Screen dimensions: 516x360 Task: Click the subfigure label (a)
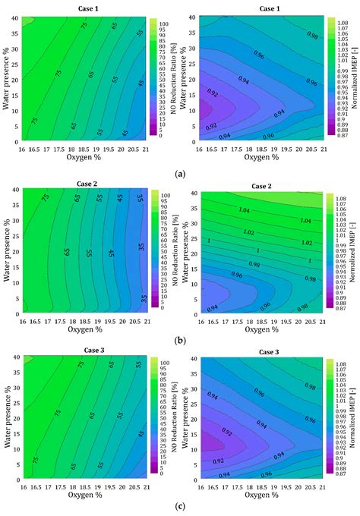click(x=179, y=173)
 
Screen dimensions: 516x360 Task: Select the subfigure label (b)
click(x=179, y=342)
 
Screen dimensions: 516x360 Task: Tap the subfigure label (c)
click(x=179, y=508)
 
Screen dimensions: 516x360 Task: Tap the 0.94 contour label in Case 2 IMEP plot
click(x=213, y=307)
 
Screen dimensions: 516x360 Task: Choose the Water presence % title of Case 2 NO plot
click(x=6, y=256)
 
